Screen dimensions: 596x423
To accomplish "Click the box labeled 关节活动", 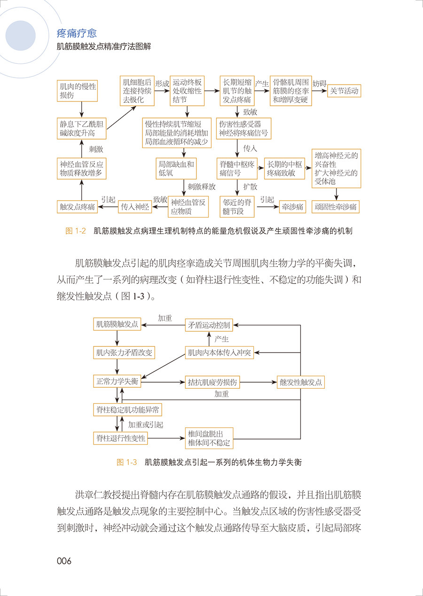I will [344, 91].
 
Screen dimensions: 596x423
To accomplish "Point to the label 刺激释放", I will [202, 187].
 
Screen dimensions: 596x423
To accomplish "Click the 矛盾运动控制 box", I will [209, 325].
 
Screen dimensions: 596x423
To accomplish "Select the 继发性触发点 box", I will [301, 382].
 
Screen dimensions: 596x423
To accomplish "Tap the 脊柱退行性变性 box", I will [121, 439].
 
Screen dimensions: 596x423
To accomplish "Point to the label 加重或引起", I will [146, 424].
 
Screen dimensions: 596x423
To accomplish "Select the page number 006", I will [64, 561].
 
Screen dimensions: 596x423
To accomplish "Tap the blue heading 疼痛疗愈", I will [77, 34].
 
